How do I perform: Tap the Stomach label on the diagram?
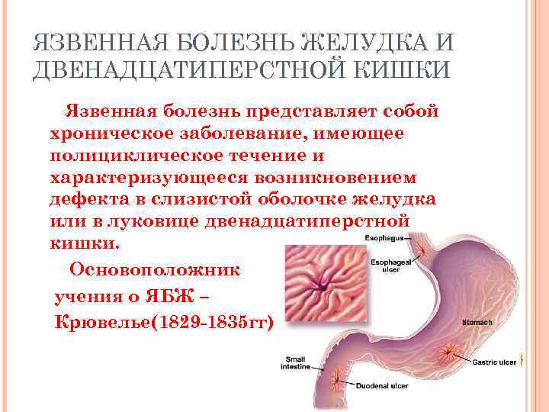[477, 322]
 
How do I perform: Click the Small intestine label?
[295, 362]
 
